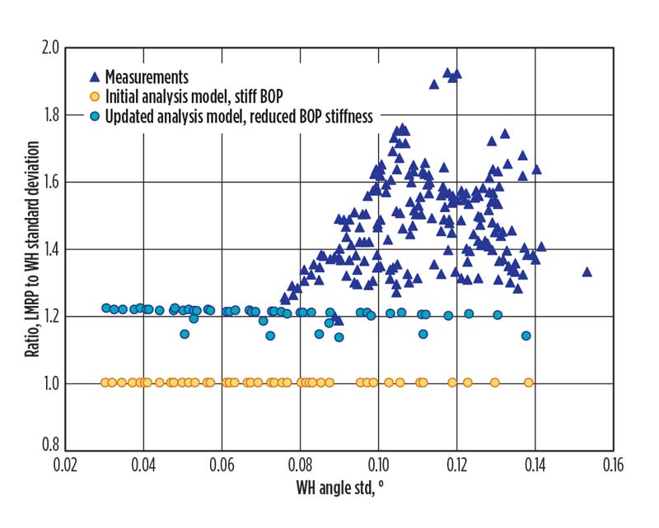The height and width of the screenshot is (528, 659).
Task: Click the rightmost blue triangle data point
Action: (x=587, y=271)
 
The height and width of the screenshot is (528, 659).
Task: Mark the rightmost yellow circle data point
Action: (x=529, y=382)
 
